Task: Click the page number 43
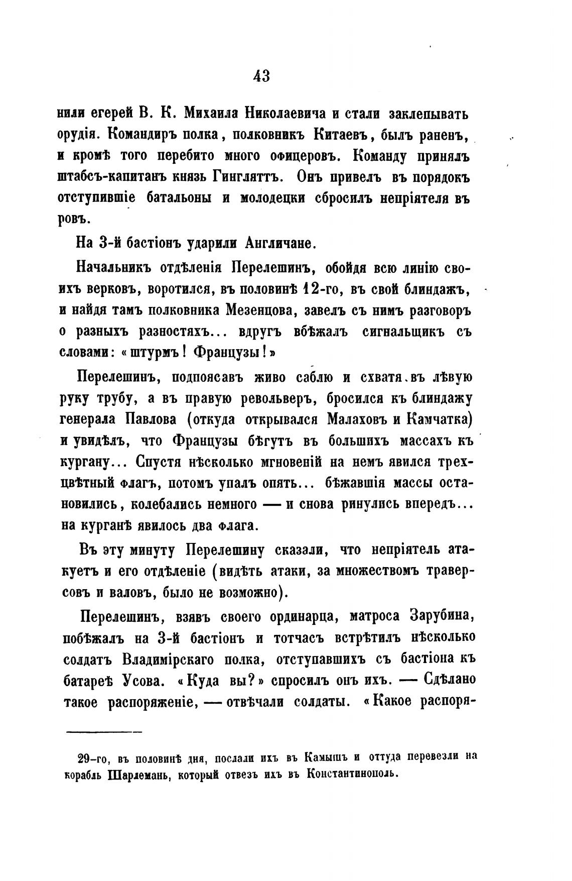(x=261, y=76)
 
